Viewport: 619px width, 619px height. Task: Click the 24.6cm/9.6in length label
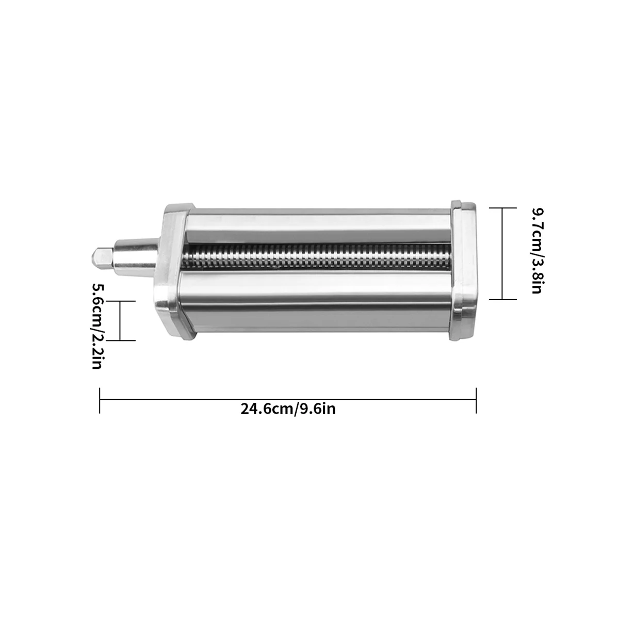[288, 409]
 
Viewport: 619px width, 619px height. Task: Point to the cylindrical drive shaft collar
[135, 256]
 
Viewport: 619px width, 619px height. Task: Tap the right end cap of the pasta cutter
[463, 271]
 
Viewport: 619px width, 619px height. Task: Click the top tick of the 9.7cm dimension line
[502, 208]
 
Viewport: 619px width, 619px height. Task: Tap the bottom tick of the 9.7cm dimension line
[502, 299]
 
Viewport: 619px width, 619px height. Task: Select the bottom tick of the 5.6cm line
[120, 340]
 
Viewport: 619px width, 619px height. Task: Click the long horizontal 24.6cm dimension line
[288, 399]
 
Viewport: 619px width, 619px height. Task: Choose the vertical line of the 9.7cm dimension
[502, 253]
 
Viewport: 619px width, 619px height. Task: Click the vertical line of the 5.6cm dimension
[120, 320]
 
